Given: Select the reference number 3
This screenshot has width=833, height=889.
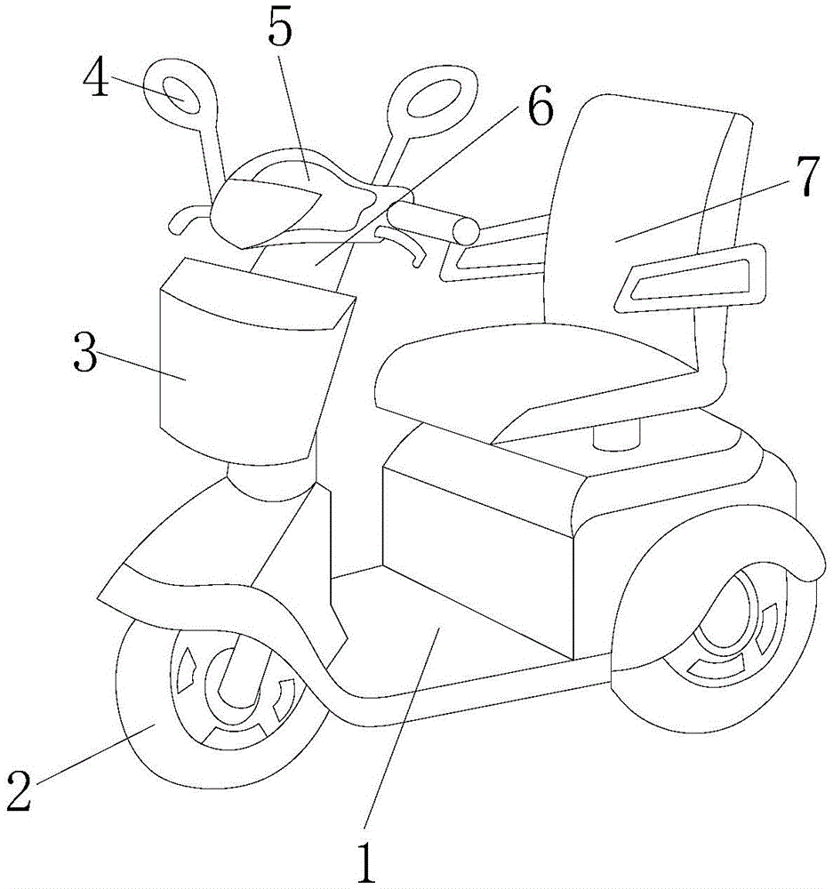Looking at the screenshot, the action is (x=85, y=351).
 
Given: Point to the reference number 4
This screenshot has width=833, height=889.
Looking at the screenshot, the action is (x=96, y=76).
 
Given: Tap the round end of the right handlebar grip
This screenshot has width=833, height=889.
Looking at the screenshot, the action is (x=467, y=231).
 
